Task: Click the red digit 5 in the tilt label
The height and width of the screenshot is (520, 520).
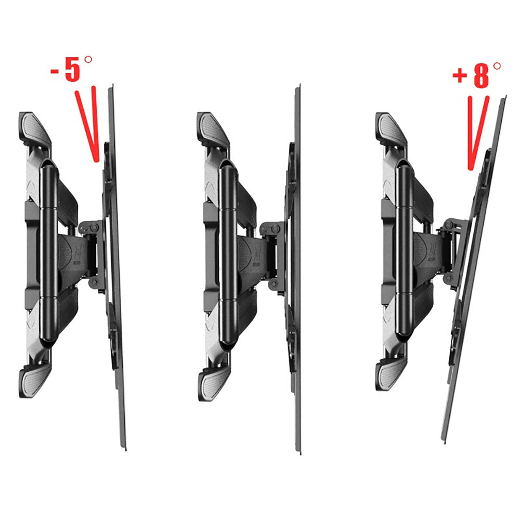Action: (73, 69)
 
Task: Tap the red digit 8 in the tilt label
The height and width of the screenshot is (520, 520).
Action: (481, 75)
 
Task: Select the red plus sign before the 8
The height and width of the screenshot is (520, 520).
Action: (460, 75)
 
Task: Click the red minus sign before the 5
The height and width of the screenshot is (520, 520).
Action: (55, 71)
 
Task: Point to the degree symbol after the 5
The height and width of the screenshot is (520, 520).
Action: (88, 60)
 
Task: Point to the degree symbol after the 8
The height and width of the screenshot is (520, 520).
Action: (497, 66)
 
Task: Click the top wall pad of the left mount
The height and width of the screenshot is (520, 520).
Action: (35, 128)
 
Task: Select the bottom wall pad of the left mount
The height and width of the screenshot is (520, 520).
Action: (35, 381)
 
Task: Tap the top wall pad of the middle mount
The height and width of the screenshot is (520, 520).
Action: (213, 128)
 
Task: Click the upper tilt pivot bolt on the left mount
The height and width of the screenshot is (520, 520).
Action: (94, 228)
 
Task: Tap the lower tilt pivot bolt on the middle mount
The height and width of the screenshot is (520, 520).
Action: (274, 284)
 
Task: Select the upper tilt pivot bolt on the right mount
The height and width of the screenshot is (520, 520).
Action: (450, 225)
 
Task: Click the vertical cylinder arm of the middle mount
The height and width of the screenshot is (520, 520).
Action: (228, 254)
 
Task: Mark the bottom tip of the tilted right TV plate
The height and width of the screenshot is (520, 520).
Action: (443, 442)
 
